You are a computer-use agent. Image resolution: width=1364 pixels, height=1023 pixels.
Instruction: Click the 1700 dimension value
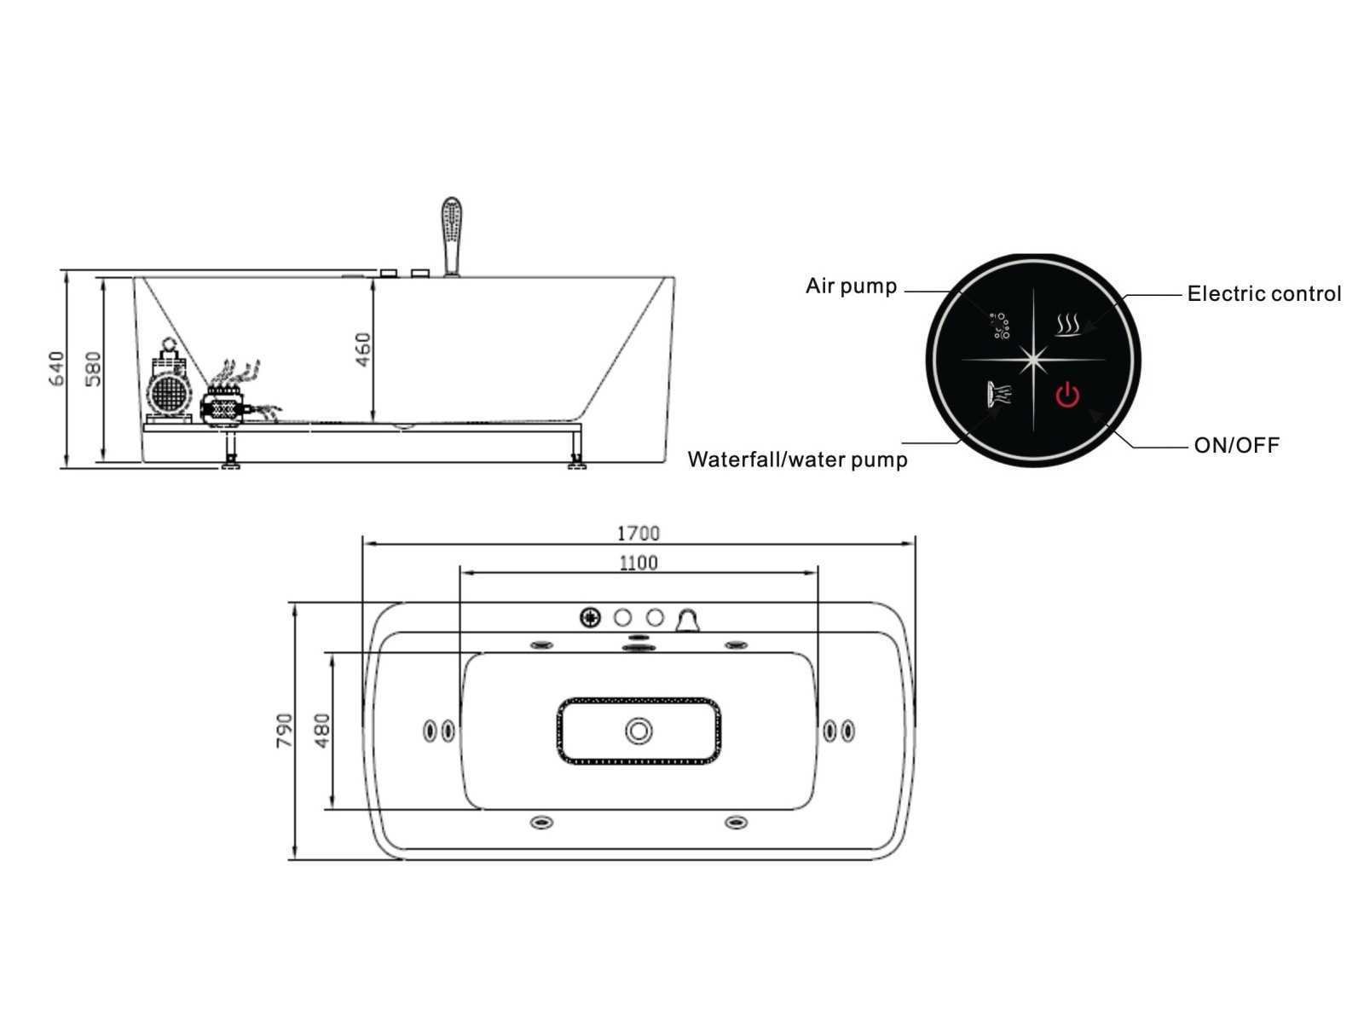coord(638,534)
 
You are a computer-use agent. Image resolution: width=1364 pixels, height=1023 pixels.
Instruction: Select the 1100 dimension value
coord(638,563)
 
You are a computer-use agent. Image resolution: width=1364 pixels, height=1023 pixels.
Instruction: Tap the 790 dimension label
coord(284,731)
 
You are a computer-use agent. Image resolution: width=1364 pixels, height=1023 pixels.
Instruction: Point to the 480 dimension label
coord(321,731)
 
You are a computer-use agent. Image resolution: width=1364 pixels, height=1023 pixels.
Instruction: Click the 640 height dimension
coord(56,368)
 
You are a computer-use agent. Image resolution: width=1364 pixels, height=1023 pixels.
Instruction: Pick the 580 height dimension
coord(93,368)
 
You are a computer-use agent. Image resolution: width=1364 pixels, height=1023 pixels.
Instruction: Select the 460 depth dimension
coord(362,350)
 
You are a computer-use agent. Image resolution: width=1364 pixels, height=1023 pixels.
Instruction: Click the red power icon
coord(1067,395)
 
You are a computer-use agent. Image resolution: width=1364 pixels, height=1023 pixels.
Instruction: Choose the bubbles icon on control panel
coord(1000,327)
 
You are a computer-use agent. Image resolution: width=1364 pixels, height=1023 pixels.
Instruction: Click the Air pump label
coord(851,286)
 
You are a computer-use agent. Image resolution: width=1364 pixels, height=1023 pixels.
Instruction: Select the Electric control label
coord(1264,294)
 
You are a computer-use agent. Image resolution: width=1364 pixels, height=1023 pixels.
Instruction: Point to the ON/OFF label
coord(1236,445)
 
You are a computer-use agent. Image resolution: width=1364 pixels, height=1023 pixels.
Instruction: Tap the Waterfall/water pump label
coord(797,460)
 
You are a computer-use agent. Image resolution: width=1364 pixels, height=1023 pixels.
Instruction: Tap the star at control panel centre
coord(1033,359)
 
